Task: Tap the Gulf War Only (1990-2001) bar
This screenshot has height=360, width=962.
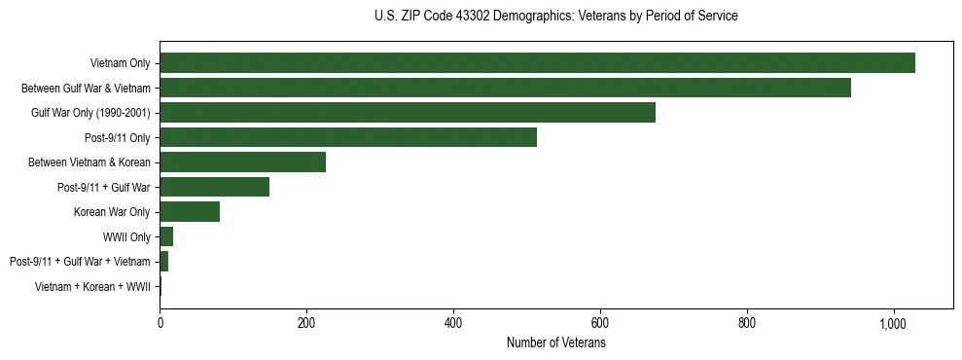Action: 408,113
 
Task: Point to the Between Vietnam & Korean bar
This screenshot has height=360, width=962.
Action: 242,162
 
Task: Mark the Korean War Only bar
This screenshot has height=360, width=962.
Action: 190,212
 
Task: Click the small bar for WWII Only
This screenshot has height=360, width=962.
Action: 166,236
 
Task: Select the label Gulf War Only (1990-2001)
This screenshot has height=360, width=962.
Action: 90,113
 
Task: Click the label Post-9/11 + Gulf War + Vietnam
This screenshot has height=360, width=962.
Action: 80,262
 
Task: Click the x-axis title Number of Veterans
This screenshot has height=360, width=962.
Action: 555,342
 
